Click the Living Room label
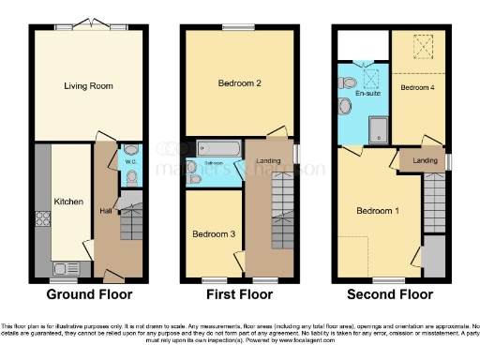click(88, 86)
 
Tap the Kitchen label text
click(67, 202)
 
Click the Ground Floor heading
click(89, 293)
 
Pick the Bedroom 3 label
click(213, 233)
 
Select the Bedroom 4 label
click(417, 87)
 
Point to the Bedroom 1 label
click(378, 211)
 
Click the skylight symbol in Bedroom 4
click(423, 45)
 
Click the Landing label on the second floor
click(425, 161)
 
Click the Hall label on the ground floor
click(105, 211)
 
